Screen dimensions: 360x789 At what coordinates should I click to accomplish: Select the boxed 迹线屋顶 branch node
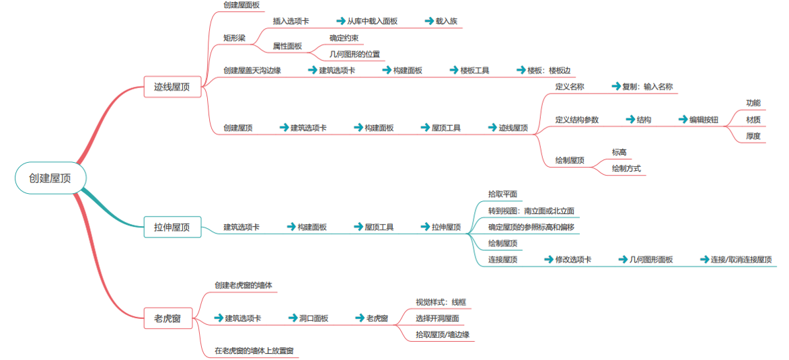point(172,87)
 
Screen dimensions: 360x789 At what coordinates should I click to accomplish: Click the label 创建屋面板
point(241,5)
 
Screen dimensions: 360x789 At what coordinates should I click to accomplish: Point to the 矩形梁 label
point(234,38)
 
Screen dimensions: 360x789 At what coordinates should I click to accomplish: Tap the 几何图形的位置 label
point(354,54)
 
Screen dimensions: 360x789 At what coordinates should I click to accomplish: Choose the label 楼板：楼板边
point(549,70)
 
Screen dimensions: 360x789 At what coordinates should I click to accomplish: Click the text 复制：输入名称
point(647,87)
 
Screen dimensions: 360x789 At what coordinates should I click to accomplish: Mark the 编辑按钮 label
point(704,120)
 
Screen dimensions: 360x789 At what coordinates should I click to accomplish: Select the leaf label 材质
point(753,120)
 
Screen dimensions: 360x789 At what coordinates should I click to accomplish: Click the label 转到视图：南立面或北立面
point(531,211)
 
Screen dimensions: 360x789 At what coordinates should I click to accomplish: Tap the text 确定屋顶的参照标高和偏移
point(531,227)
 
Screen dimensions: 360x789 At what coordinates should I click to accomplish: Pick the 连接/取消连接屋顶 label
point(741,260)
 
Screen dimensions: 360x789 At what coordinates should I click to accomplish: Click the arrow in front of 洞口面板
point(292,318)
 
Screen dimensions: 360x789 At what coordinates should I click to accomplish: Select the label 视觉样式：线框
point(441,302)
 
